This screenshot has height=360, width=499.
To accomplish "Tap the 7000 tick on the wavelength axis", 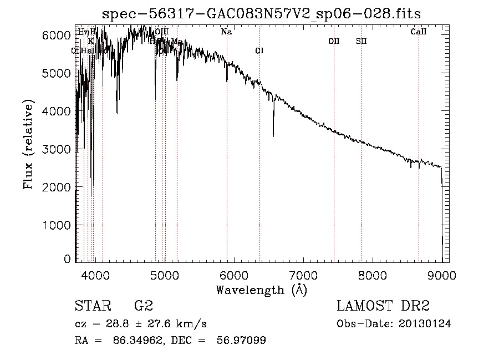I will [303, 276].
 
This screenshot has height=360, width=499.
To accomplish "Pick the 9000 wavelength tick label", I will [442, 276].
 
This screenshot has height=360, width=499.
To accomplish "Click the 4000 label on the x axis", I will [95, 276].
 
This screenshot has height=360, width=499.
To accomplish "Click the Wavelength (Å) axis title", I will [261, 290].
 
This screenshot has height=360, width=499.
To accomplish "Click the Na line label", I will [226, 32].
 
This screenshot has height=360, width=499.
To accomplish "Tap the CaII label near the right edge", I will [418, 32].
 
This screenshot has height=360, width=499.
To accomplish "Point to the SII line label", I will [361, 41].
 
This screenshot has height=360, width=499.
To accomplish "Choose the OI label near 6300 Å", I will [259, 51].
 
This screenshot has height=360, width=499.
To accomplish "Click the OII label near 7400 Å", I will [334, 41].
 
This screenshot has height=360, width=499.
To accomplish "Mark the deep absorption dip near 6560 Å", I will [273, 133].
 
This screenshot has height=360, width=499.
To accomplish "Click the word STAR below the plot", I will [92, 306].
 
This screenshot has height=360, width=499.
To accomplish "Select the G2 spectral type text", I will [143, 306].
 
